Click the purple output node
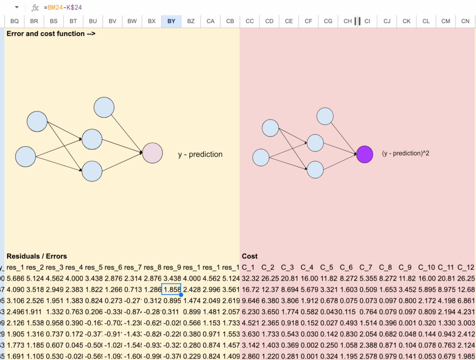click(x=364, y=154)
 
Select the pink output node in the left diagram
click(x=152, y=153)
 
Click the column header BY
click(x=171, y=21)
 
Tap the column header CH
click(x=348, y=21)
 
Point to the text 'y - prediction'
click(x=200, y=154)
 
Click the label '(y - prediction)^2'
click(x=405, y=153)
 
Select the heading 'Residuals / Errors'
click(x=37, y=256)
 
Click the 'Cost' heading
click(x=250, y=256)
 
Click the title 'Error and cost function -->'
click(x=51, y=33)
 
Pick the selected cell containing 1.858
click(x=171, y=289)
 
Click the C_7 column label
click(x=366, y=267)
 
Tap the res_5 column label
click(x=93, y=267)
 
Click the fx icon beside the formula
click(x=35, y=7)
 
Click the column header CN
click(x=465, y=21)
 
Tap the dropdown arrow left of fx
click(x=17, y=7)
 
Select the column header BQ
click(x=14, y=21)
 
